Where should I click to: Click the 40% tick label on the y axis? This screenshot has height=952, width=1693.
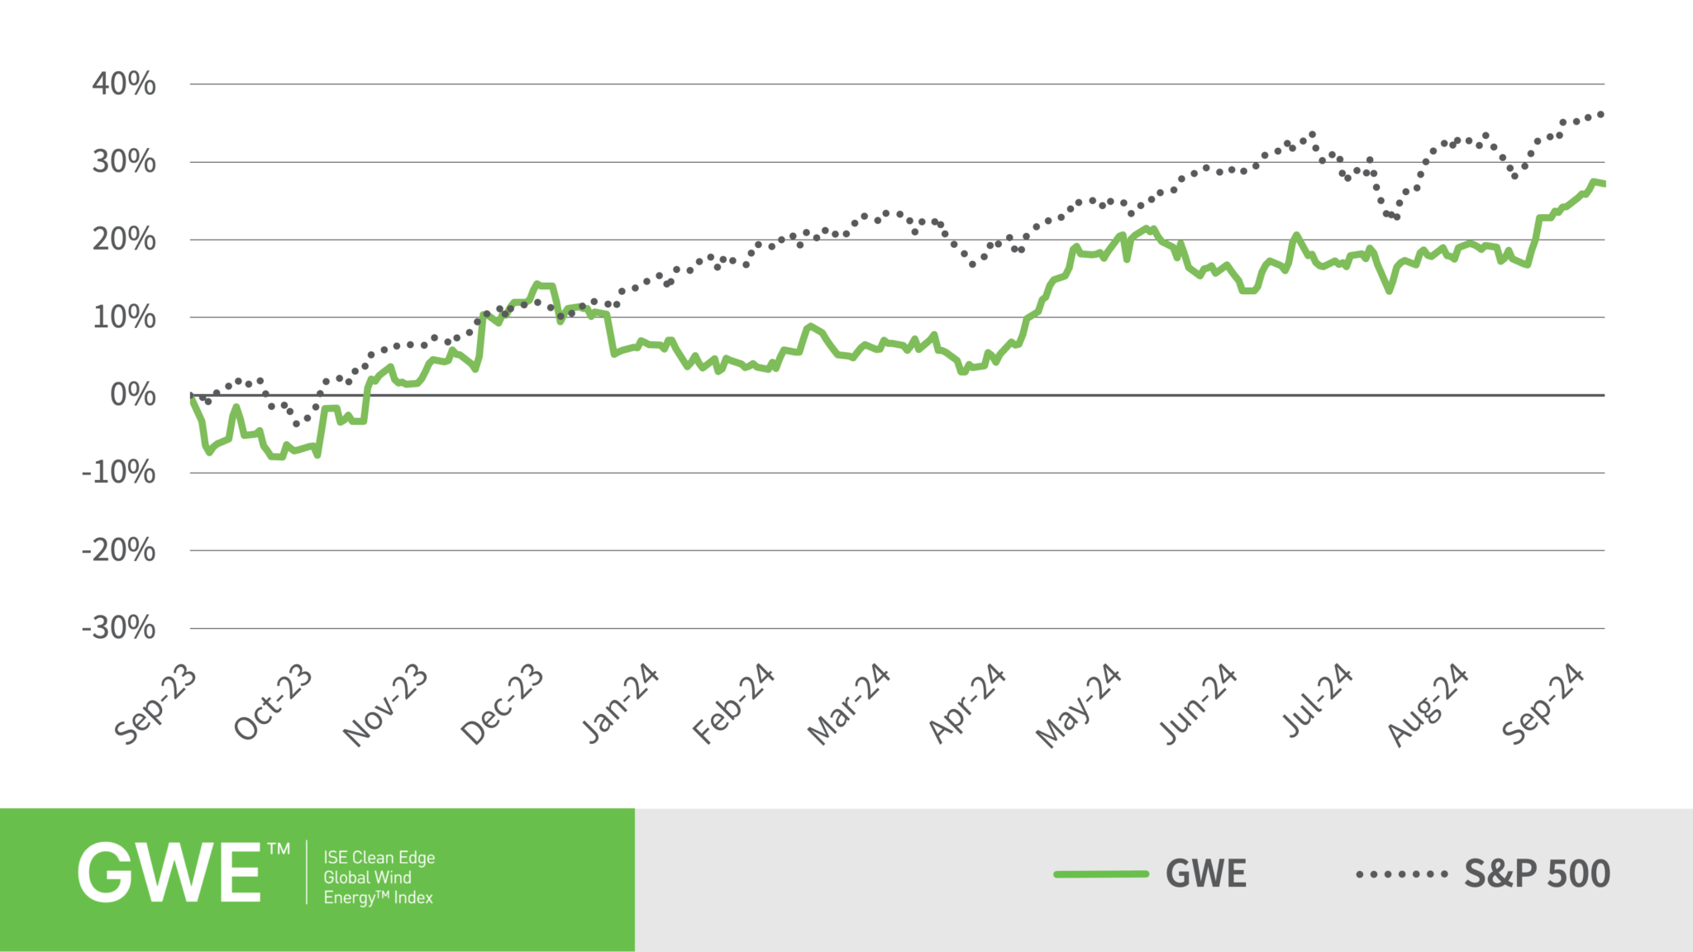[x=124, y=84]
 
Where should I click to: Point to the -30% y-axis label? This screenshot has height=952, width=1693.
[x=118, y=628]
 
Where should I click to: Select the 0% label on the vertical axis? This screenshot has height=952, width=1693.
[x=133, y=395]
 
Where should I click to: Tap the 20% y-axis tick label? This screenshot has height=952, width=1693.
[x=124, y=240]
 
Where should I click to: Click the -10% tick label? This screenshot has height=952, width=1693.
[x=118, y=473]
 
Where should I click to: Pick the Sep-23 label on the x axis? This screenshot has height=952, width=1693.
[x=156, y=704]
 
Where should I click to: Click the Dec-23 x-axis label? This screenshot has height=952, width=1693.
[x=503, y=704]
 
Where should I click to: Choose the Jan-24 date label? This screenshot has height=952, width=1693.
[x=621, y=704]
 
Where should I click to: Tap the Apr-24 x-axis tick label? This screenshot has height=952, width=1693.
[x=967, y=704]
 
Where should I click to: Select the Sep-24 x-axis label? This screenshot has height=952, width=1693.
[x=1543, y=704]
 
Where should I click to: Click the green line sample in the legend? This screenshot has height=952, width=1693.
[x=1101, y=873]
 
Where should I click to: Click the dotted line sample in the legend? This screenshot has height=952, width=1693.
[x=1402, y=873]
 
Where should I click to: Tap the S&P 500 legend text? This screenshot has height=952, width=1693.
[x=1537, y=873]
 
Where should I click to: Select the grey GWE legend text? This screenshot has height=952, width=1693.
[x=1205, y=873]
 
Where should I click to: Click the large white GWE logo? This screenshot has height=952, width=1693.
[x=170, y=873]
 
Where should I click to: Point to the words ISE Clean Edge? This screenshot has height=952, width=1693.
[x=379, y=858]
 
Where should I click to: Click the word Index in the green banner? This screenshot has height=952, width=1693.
[x=413, y=897]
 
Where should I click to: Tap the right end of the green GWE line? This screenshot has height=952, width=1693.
[x=1603, y=183]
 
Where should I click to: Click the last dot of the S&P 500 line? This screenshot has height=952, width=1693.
[x=1601, y=114]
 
